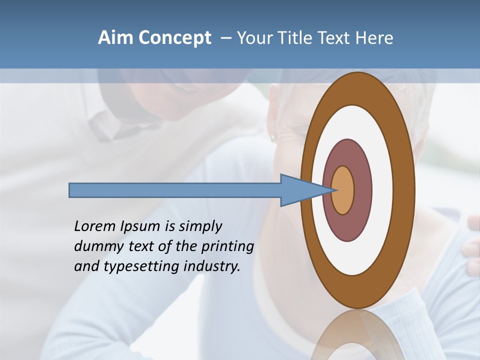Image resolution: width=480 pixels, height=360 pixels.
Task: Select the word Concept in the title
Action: (175, 38)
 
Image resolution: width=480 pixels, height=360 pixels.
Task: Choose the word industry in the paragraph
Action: (212, 266)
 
